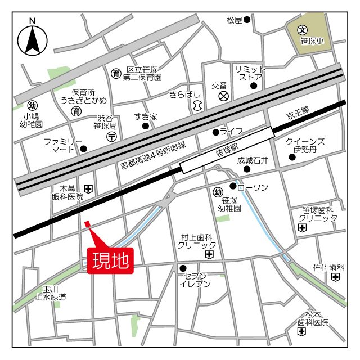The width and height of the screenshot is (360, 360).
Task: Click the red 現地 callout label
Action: coord(111,260)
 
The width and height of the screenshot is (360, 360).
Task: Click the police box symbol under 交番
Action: coord(223,97)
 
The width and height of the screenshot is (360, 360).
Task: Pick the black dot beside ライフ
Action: coord(215,133)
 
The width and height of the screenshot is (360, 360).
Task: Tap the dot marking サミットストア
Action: coord(254,86)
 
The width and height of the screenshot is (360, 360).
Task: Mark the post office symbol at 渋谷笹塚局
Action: coord(112,136)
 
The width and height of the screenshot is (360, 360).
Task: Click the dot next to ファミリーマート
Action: coord(84,149)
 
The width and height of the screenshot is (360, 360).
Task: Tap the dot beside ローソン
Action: coord(233,186)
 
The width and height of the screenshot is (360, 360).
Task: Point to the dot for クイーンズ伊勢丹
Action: coord(291,157)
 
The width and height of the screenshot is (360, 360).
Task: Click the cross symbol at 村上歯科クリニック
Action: coord(209,255)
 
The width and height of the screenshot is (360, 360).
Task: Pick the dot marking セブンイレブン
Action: coord(182,268)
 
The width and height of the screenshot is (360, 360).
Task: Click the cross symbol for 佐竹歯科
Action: coord(336,277)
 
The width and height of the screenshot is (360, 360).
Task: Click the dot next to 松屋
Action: coord(247,20)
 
